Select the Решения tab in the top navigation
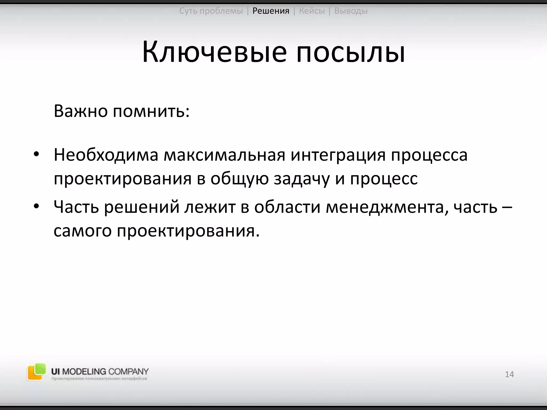(271, 11)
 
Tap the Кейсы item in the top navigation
(312, 11)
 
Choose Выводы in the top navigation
(351, 11)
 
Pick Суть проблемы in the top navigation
(211, 11)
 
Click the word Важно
(80, 111)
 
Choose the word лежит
(210, 207)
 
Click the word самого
(82, 231)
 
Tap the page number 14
(509, 374)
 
